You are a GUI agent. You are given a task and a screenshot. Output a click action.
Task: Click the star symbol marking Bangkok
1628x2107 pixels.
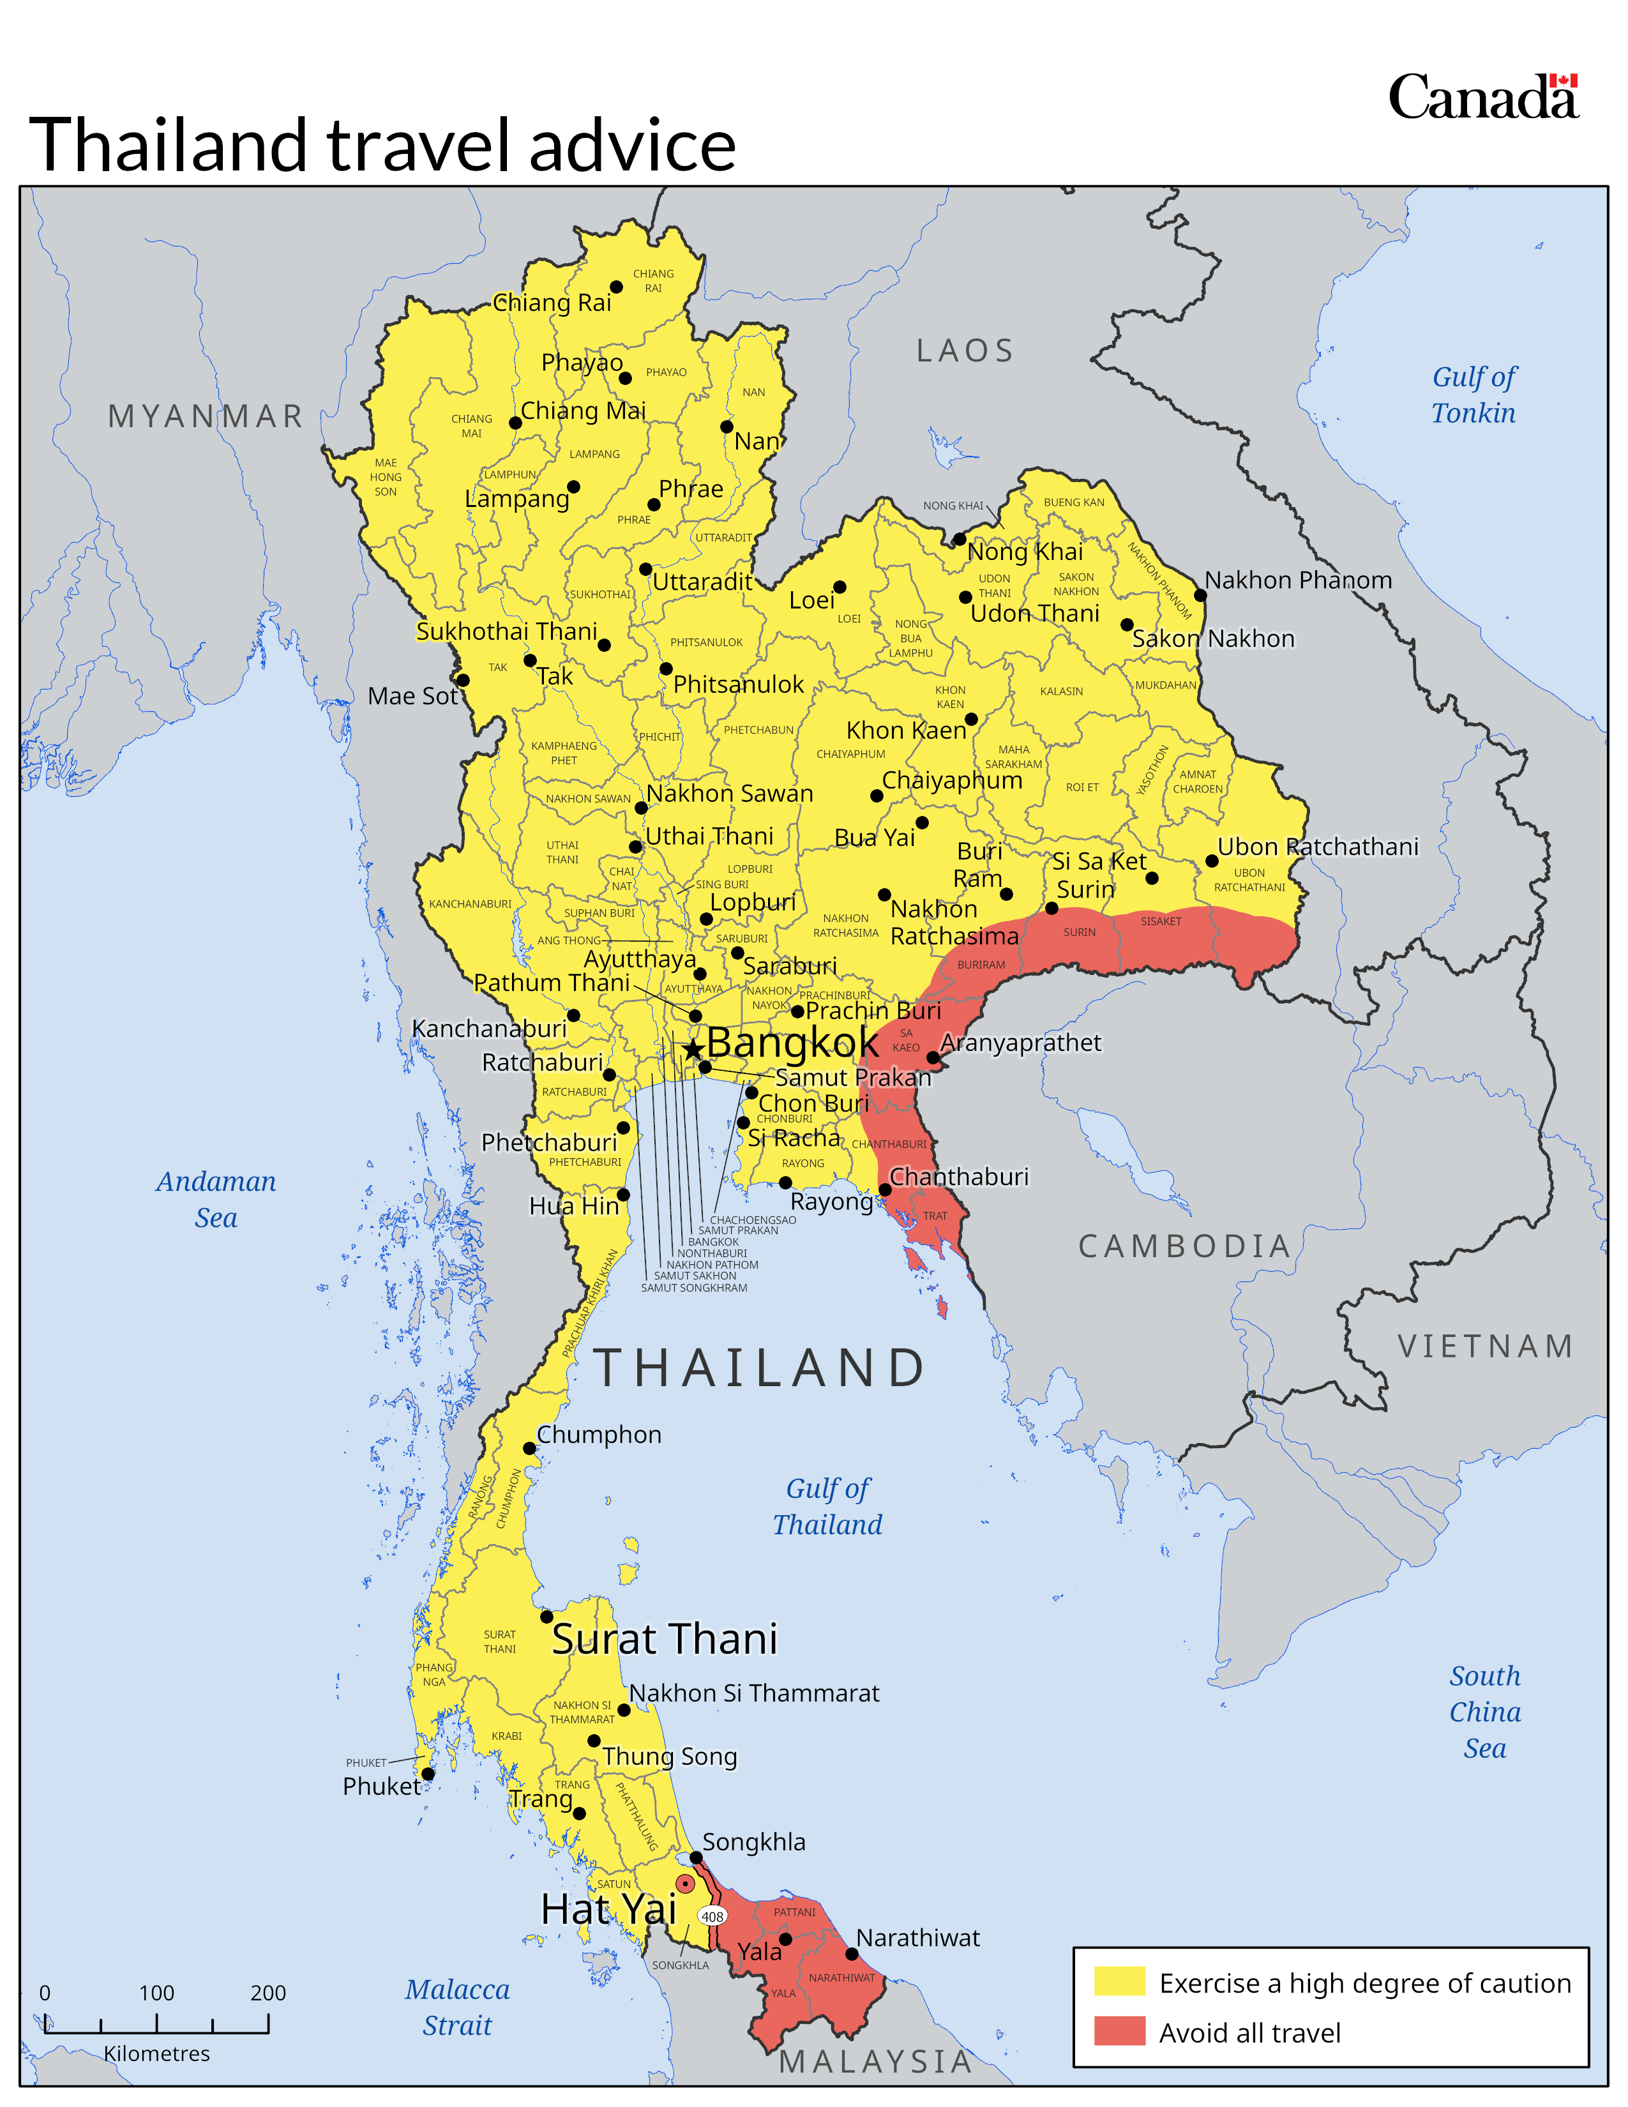pyautogui.click(x=693, y=1050)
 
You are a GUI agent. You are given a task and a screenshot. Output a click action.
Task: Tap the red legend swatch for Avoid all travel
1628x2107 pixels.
pyautogui.click(x=1119, y=2031)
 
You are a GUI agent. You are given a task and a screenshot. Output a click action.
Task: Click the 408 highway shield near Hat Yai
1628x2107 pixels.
pyautogui.click(x=712, y=1916)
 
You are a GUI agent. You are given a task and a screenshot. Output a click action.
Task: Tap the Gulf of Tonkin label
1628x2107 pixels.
pyautogui.click(x=1473, y=395)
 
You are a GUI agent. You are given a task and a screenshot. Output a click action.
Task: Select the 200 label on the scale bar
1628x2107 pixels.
pyautogui.click(x=268, y=1992)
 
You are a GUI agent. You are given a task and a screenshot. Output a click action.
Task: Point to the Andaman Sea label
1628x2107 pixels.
pyautogui.click(x=216, y=1199)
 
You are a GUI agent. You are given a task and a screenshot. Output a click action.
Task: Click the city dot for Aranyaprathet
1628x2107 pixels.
pyautogui.click(x=933, y=1057)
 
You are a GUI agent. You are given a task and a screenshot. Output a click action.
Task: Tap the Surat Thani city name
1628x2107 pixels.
pyautogui.click(x=665, y=1639)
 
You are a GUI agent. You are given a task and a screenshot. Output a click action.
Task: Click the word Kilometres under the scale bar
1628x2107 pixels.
pyautogui.click(x=156, y=2053)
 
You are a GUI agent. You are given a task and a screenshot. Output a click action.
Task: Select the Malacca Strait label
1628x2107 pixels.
pyautogui.click(x=457, y=2007)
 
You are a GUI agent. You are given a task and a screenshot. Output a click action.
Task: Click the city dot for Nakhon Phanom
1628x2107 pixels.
pyautogui.click(x=1200, y=594)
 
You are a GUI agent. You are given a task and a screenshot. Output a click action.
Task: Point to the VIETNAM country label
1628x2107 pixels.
pyautogui.click(x=1485, y=1346)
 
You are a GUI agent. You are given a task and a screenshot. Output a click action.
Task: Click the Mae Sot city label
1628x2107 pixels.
pyautogui.click(x=412, y=695)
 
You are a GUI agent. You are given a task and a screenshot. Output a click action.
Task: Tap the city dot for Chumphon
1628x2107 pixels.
pyautogui.click(x=529, y=1448)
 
